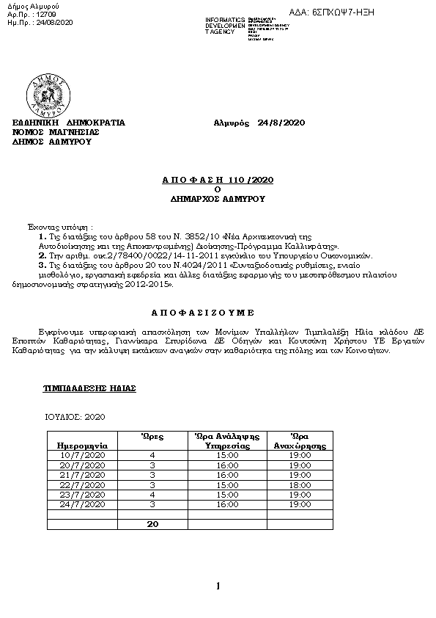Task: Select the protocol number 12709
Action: [45, 13]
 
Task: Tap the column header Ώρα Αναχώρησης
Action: [300, 440]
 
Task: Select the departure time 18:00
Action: [300, 484]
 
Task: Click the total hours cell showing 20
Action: [152, 524]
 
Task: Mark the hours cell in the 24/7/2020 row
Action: [152, 504]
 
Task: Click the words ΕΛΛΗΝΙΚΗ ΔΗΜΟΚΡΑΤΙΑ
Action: [70, 122]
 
